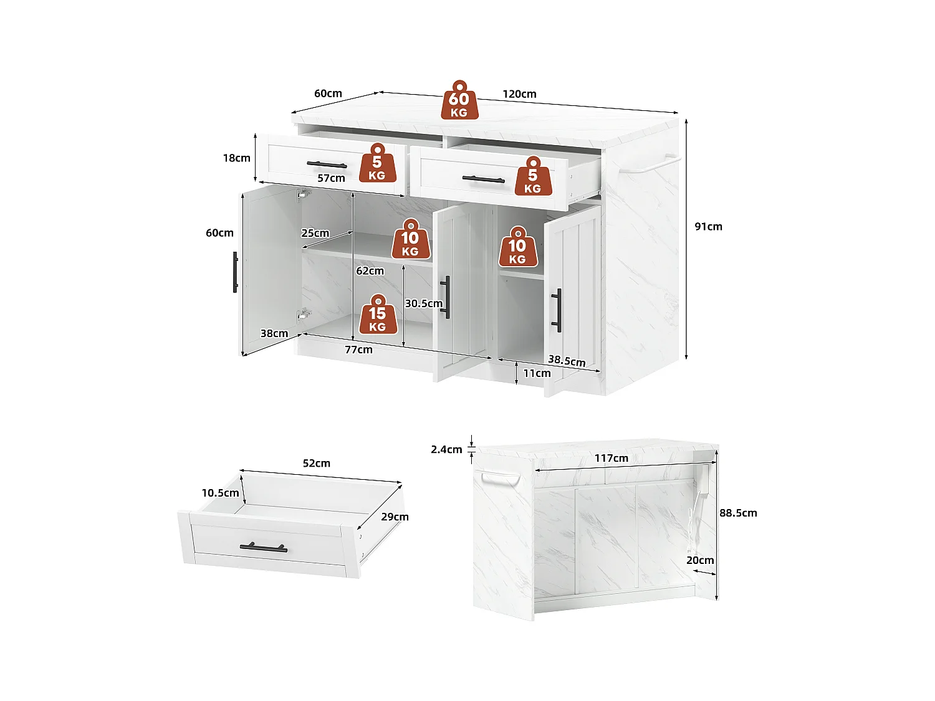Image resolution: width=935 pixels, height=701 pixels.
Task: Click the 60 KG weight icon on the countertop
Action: (459, 101)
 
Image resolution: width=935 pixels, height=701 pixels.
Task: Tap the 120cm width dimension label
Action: (519, 94)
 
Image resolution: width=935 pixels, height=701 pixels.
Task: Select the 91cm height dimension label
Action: (708, 227)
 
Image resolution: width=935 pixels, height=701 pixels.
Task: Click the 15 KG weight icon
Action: (377, 315)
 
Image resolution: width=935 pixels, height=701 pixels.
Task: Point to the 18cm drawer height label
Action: (237, 158)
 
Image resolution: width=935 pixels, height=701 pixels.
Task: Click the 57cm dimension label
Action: (331, 178)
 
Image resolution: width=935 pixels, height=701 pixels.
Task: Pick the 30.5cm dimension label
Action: (423, 303)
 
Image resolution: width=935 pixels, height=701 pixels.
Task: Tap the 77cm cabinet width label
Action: (358, 350)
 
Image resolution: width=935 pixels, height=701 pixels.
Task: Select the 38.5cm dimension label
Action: (567, 361)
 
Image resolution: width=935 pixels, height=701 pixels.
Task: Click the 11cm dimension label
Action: (537, 373)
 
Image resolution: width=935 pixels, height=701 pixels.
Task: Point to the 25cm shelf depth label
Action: (315, 233)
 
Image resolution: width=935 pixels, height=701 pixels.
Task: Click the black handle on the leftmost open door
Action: (235, 272)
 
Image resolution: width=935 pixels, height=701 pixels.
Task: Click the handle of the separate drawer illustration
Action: (263, 548)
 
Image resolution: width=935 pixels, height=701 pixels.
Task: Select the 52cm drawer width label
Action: (317, 464)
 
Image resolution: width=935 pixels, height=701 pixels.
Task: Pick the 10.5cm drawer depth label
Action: (220, 493)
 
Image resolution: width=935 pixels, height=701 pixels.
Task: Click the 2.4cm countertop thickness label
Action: (446, 449)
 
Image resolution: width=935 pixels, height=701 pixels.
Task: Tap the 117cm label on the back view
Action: (611, 459)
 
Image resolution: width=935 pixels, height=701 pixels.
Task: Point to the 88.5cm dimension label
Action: (738, 513)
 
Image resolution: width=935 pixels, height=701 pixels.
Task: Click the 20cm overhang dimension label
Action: (700, 560)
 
